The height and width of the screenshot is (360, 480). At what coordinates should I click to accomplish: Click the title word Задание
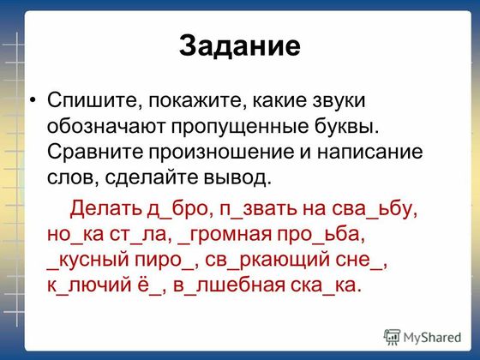click(x=240, y=45)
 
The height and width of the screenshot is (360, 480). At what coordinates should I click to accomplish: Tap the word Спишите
click(x=95, y=101)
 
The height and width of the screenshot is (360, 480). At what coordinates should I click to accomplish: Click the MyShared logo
click(x=423, y=338)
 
